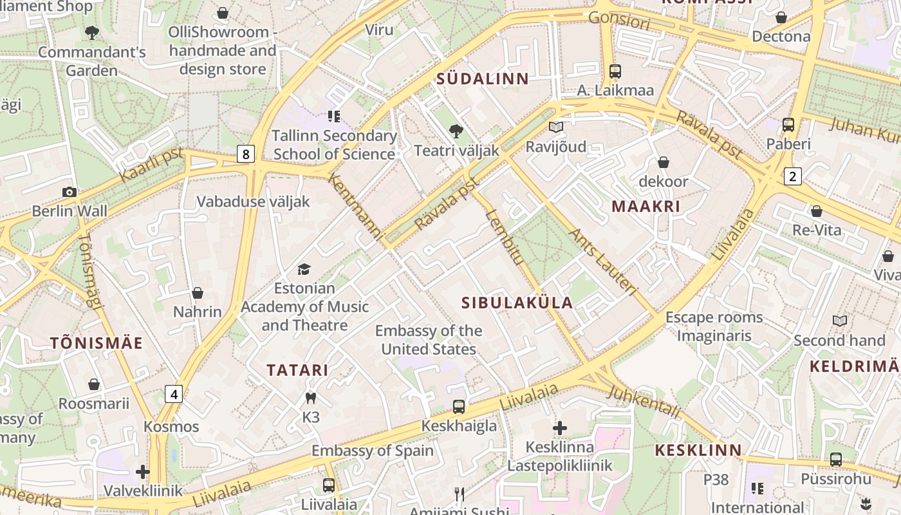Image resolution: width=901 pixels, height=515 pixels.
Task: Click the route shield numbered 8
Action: click(x=245, y=154)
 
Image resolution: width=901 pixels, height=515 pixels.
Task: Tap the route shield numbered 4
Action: click(x=174, y=393)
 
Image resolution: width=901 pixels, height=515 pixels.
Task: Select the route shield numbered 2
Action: click(x=792, y=176)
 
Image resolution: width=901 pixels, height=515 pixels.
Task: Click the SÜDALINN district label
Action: click(x=483, y=79)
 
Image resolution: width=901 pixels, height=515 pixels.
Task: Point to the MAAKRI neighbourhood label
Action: click(x=646, y=207)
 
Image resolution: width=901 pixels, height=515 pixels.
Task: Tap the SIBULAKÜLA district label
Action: click(x=517, y=303)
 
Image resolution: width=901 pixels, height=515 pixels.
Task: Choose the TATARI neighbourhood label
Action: click(x=297, y=370)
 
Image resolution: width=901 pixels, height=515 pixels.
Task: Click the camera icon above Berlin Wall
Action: click(x=70, y=192)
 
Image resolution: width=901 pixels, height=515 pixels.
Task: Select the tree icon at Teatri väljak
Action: click(x=456, y=131)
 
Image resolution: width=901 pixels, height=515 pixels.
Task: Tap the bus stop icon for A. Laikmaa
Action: click(x=615, y=71)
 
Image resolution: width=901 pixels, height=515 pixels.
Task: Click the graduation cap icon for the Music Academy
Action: click(x=304, y=269)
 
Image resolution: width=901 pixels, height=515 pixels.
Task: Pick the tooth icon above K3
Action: click(x=311, y=398)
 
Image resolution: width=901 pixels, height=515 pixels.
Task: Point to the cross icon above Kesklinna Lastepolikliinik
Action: click(x=560, y=427)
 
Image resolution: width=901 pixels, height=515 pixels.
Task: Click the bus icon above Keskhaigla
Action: click(x=458, y=406)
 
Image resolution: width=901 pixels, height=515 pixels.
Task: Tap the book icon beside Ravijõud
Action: click(x=556, y=127)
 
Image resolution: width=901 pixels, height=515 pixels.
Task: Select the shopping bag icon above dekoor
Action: click(x=663, y=162)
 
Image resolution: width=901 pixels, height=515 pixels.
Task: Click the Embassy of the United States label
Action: click(x=428, y=340)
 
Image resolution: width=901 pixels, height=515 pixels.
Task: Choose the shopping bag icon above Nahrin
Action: click(x=198, y=293)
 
